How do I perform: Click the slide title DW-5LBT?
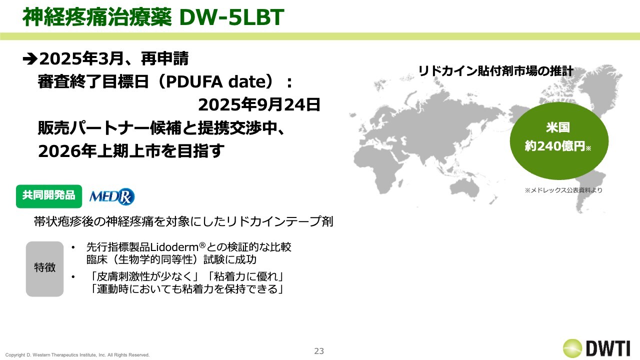click(x=231, y=17)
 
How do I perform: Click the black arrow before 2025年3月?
click(x=30, y=59)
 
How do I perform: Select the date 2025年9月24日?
click(x=259, y=105)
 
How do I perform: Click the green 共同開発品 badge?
click(x=49, y=196)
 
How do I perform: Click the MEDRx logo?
click(x=111, y=196)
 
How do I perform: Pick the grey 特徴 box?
click(x=44, y=269)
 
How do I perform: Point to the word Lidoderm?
click(x=174, y=247)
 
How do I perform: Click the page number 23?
click(x=319, y=351)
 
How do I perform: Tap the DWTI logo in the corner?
click(x=596, y=348)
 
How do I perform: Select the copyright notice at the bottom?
click(x=77, y=355)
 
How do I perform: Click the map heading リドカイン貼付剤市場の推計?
click(x=495, y=71)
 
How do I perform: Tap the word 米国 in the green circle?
click(x=557, y=127)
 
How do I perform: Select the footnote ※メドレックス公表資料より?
click(x=563, y=190)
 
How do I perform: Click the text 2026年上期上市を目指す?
click(x=131, y=151)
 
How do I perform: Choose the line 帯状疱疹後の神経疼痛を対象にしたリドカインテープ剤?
click(x=183, y=221)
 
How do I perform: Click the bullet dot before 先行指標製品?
click(x=73, y=247)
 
